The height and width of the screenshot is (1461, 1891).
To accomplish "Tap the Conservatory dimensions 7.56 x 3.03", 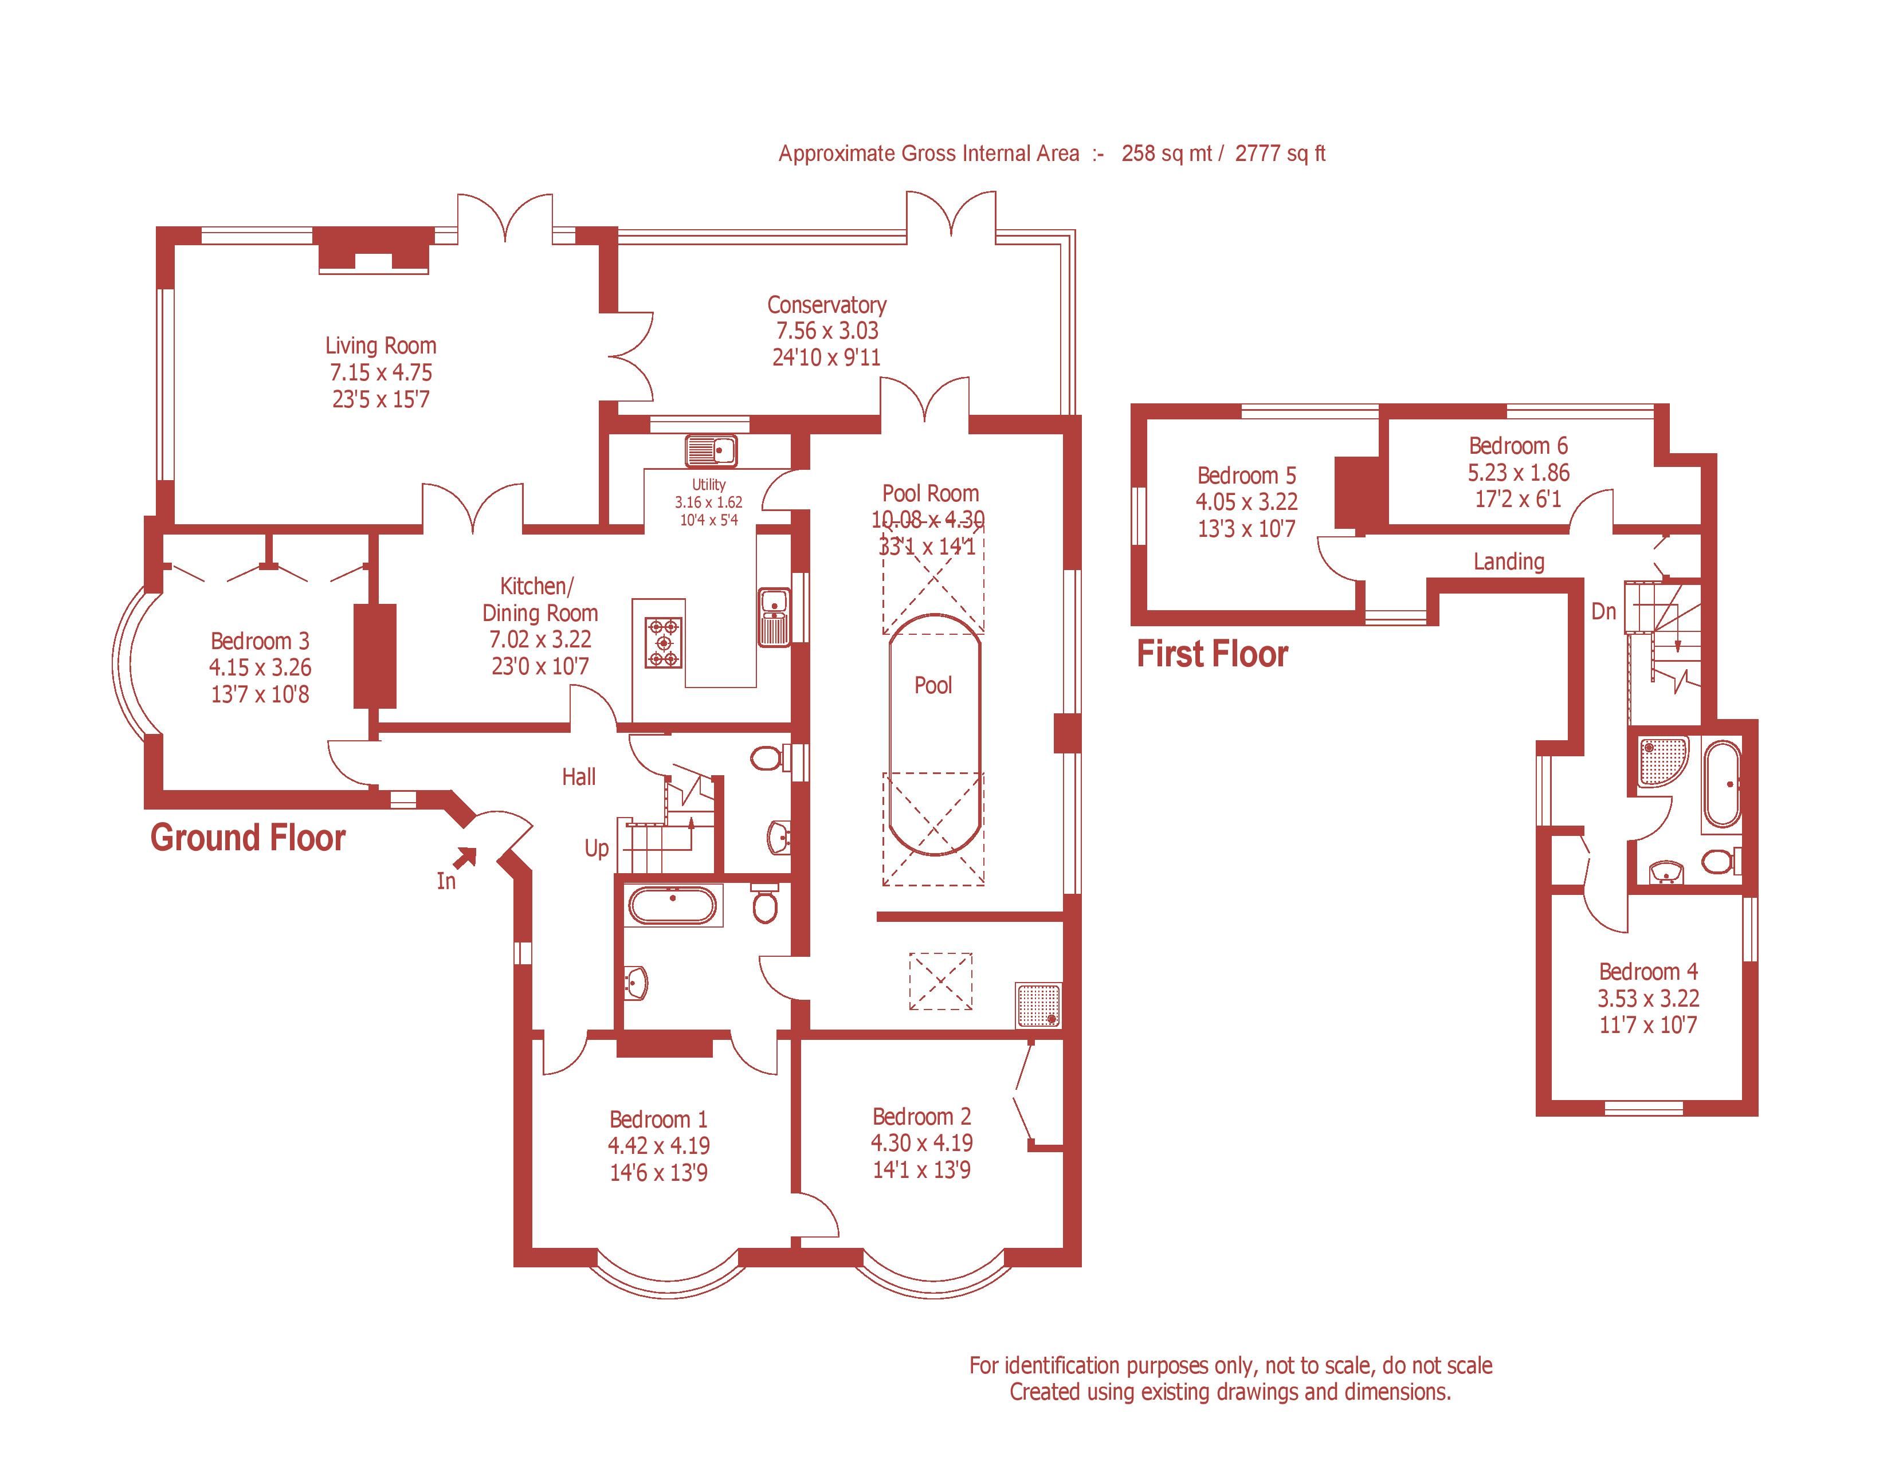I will tap(827, 331).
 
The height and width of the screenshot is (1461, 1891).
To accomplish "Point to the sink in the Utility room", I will tap(711, 451).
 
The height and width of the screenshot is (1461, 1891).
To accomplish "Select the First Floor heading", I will tap(1211, 654).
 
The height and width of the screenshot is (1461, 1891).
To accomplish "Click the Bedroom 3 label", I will tap(260, 641).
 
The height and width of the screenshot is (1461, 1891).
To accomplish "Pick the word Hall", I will tap(578, 776).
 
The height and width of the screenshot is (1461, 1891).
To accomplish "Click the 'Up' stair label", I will tap(597, 848).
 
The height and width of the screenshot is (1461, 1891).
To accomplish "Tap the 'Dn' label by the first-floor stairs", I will tap(1603, 612).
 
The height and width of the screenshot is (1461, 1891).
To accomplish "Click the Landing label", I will tap(1508, 561).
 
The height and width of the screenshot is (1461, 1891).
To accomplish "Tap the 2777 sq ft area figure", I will tap(1280, 154).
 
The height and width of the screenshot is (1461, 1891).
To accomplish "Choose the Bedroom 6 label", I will tap(1518, 446).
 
